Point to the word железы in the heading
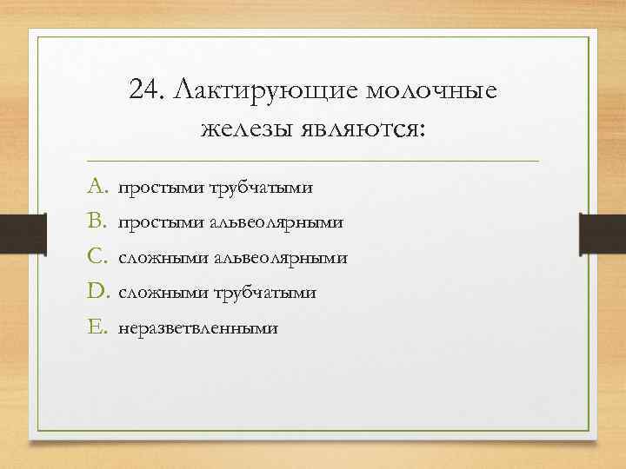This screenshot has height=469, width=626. (x=248, y=130)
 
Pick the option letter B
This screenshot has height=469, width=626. (x=97, y=222)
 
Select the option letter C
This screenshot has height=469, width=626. (x=97, y=257)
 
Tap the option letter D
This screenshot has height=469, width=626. (x=97, y=292)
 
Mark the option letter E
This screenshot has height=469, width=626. (x=96, y=327)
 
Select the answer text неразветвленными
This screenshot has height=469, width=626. (x=199, y=328)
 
